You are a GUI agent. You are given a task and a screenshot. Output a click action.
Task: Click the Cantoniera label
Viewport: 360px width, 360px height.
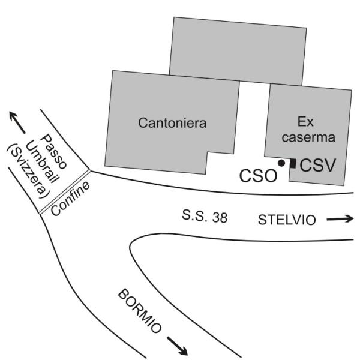point(172,124)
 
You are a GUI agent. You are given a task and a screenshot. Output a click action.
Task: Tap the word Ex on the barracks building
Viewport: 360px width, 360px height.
point(307,121)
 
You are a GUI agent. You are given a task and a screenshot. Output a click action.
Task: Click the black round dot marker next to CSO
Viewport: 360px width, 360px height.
point(281,163)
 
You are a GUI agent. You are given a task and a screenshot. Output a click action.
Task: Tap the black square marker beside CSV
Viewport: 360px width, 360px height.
point(293,163)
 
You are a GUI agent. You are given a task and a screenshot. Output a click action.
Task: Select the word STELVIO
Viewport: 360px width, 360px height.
point(286,220)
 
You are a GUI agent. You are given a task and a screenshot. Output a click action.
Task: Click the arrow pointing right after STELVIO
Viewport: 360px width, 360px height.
point(340,220)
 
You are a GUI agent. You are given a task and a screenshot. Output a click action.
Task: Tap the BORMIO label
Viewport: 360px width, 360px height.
point(140,311)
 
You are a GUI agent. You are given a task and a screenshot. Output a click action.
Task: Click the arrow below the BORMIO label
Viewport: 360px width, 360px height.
point(176,345)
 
